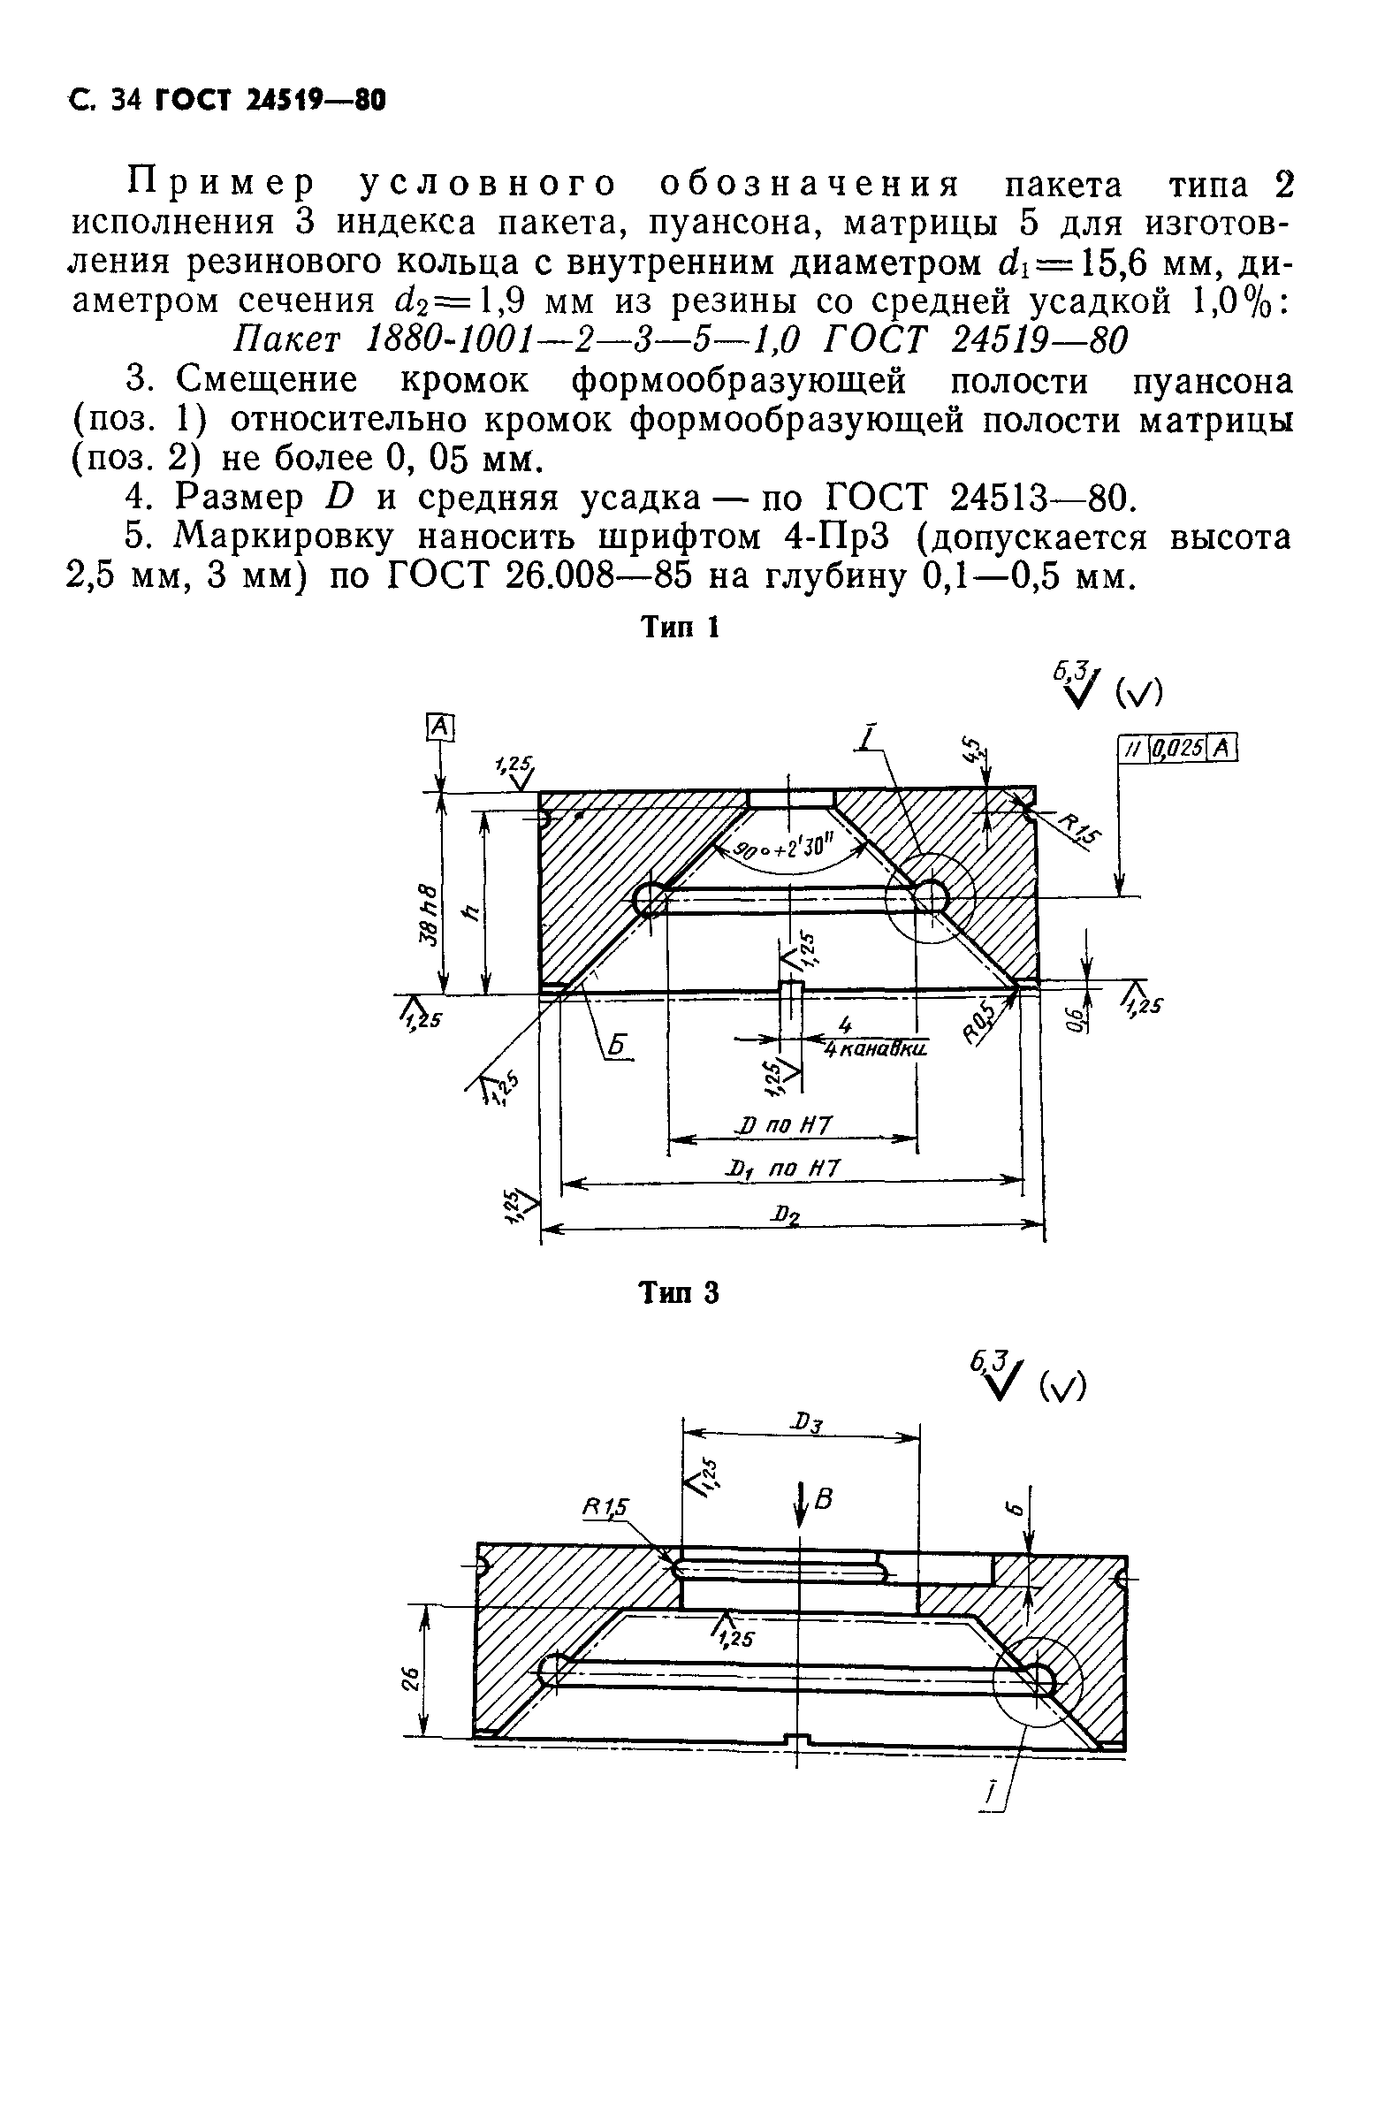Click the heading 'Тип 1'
(681, 628)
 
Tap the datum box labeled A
(440, 727)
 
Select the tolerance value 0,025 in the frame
(1179, 749)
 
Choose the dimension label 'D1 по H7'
(783, 1169)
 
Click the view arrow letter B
(823, 1500)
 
